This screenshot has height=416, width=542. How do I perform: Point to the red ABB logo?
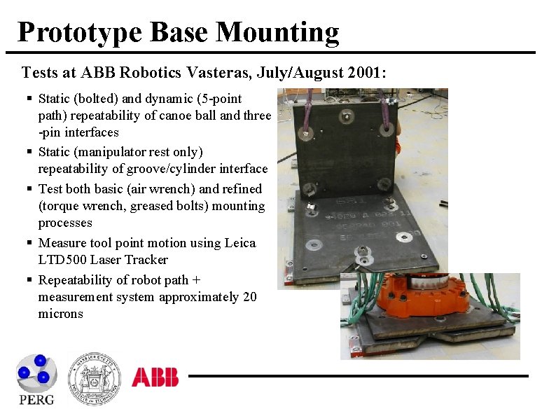coord(155,377)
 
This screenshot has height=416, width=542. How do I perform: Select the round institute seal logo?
coord(94,379)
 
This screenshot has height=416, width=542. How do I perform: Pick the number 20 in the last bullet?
coord(250,297)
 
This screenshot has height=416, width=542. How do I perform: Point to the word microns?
coord(60,314)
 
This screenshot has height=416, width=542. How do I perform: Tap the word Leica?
coord(240,243)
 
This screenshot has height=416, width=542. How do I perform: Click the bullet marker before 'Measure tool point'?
coord(29,243)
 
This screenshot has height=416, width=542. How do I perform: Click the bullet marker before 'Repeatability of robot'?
coord(29,280)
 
